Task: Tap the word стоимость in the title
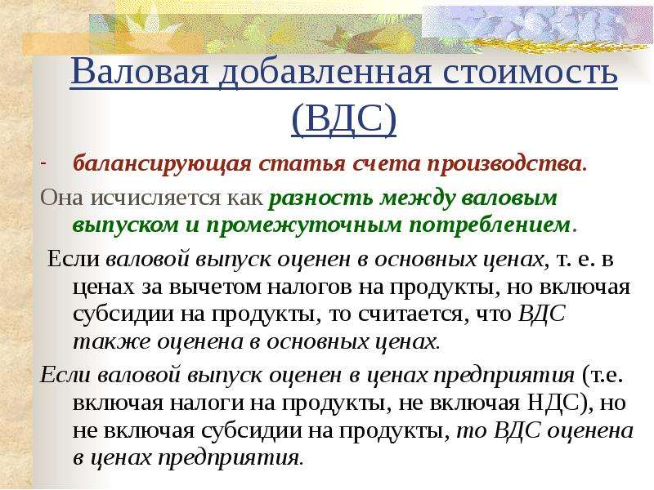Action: pyautogui.click(x=530, y=72)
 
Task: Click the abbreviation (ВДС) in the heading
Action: pyautogui.click(x=343, y=118)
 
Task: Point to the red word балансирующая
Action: pyautogui.click(x=162, y=164)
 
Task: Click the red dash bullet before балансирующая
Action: pyautogui.click(x=43, y=163)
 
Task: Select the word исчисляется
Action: pyautogui.click(x=155, y=198)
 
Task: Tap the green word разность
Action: pyautogui.click(x=321, y=198)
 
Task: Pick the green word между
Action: pyautogui.click(x=417, y=198)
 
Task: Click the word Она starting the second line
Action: pyautogui.click(x=62, y=198)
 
